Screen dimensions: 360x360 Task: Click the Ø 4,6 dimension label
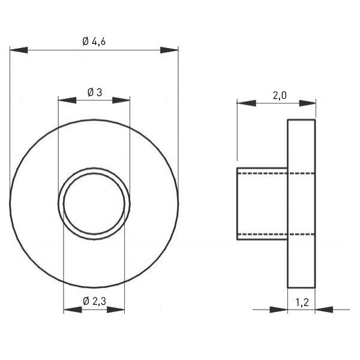click(x=94, y=41)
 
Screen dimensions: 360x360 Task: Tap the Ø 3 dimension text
click(x=95, y=92)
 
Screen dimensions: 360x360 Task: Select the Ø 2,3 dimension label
click(x=94, y=301)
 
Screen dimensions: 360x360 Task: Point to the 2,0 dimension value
click(x=280, y=95)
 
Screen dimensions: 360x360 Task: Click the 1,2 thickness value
click(x=302, y=302)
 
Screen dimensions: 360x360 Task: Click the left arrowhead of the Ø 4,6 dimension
click(x=19, y=50)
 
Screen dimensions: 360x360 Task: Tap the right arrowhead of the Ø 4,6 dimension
click(x=169, y=50)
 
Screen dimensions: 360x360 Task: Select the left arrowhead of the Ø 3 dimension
click(x=67, y=100)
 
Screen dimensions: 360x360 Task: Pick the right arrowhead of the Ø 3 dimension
click(x=121, y=100)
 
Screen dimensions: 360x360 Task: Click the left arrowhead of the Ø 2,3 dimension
click(x=73, y=310)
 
